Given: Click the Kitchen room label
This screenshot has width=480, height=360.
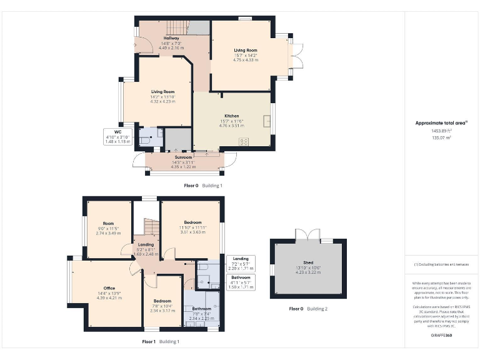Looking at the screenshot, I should tap(232, 116).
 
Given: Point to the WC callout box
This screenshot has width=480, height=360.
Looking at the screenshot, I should tap(117, 137).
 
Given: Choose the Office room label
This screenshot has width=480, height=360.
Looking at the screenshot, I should tap(109, 288).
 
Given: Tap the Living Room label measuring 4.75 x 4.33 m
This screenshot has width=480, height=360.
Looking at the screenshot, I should tap(246, 51).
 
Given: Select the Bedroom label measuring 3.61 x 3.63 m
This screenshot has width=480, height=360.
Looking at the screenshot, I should tap(192, 222).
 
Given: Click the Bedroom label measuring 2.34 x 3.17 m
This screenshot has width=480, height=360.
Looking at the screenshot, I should tap(162, 301).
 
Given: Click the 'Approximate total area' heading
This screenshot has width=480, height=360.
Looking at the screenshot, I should tap(441, 123).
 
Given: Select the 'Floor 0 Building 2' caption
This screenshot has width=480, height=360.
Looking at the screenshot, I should tap(308, 309).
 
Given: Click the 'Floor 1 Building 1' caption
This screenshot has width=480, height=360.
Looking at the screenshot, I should tap(161, 342).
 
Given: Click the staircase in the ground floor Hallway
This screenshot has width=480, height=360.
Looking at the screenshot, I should tap(177, 27).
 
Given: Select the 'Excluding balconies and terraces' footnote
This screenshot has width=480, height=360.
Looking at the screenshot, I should tap(441, 264).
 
